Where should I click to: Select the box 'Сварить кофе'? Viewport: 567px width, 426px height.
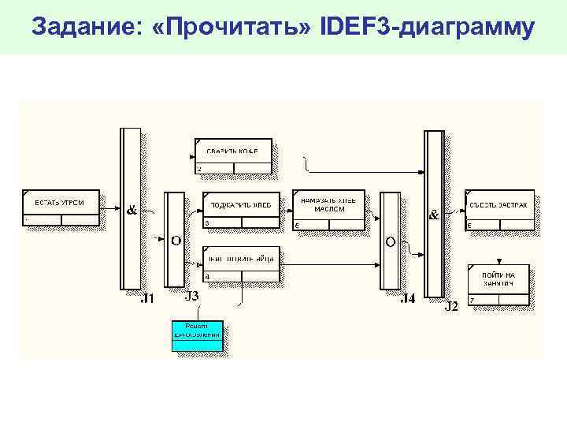coord(232,155)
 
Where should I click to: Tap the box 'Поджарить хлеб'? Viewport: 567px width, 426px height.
coord(241,210)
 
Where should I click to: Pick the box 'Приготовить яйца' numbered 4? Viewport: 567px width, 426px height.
coord(241,264)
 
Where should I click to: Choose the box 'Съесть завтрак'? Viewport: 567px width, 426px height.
coord(499,210)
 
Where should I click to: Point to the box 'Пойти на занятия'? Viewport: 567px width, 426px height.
coord(498,285)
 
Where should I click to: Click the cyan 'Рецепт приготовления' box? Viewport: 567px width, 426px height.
coord(198,335)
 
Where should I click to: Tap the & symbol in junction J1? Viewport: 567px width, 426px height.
coord(132,211)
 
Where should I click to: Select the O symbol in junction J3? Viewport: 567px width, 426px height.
coord(176,240)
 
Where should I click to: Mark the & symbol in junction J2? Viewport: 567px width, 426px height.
coord(433,214)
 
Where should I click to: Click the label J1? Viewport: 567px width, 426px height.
coord(147,298)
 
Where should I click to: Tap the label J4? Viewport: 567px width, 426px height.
coord(406,298)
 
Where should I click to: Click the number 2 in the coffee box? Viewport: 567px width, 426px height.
coord(199,169)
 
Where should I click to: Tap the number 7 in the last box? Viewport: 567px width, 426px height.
coord(472,300)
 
